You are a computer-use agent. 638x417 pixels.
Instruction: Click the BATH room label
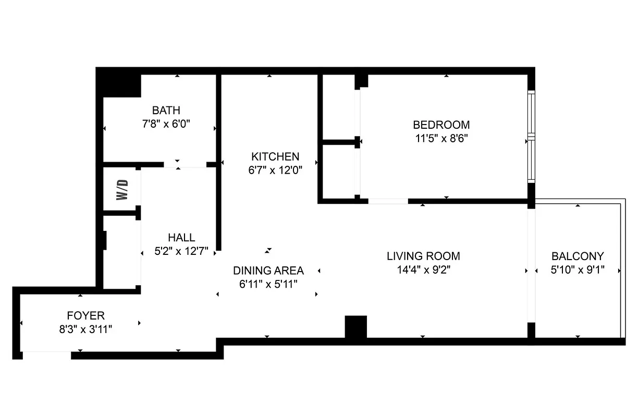166,111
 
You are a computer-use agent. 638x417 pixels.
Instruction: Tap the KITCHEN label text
275,156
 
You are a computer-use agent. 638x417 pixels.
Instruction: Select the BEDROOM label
441,125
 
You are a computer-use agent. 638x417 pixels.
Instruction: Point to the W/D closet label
121,190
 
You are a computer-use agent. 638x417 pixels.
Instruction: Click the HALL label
181,238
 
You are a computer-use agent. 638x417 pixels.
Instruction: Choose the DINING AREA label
268,271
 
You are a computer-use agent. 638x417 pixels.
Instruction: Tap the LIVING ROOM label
423,256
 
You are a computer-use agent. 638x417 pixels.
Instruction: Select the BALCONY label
578,256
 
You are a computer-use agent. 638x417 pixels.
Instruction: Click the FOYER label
85,315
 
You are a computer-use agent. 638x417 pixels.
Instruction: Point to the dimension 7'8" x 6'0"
166,124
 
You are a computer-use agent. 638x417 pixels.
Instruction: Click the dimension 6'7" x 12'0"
275,170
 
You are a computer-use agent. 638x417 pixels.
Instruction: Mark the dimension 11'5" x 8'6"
441,139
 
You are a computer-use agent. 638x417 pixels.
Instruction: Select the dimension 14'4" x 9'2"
423,269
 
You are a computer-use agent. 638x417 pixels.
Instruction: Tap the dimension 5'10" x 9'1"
578,270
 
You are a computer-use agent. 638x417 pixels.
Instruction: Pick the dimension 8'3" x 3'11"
85,329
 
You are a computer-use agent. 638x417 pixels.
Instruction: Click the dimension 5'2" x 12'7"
181,251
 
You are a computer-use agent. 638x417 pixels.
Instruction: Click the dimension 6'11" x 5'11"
268,284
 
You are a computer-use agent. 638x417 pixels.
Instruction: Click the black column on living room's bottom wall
356,327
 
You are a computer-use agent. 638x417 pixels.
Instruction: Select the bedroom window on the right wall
531,137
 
